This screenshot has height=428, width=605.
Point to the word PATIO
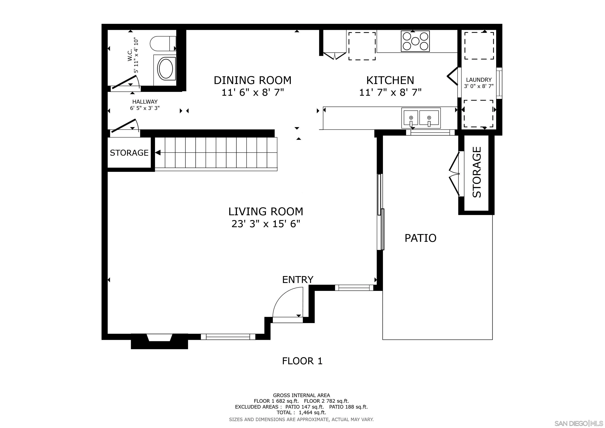420,238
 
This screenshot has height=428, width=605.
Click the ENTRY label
298,280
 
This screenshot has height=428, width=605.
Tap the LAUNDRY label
479,80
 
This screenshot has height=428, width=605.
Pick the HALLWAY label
145,102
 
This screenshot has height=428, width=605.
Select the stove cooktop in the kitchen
415,41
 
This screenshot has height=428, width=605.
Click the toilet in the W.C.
163,43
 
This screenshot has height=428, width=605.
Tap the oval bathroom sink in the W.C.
165,69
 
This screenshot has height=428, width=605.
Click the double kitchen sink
421,118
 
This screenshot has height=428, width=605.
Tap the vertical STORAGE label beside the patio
477,172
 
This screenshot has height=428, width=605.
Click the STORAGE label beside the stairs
129,153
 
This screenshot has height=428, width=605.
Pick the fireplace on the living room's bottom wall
159,341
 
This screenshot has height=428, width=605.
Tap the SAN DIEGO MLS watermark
579,423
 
